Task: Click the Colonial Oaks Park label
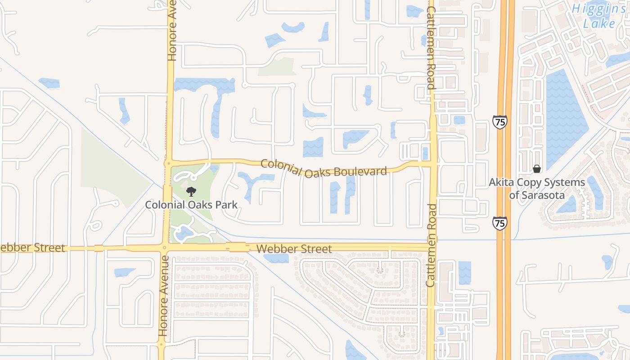pyautogui.click(x=191, y=205)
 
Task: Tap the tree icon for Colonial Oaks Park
pyautogui.click(x=191, y=192)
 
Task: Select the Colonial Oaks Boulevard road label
pyautogui.click(x=324, y=168)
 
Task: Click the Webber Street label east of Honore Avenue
pyautogui.click(x=294, y=249)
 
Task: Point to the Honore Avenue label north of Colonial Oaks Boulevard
pyautogui.click(x=171, y=31)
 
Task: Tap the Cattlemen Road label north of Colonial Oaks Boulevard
pyautogui.click(x=431, y=47)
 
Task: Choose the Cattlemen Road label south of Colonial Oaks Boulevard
pyautogui.click(x=431, y=245)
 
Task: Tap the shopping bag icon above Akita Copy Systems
pyautogui.click(x=536, y=169)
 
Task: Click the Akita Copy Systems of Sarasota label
pyautogui.click(x=537, y=189)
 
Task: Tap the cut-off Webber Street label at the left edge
pyautogui.click(x=32, y=248)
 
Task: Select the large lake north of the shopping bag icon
pyautogui.click(x=565, y=117)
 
